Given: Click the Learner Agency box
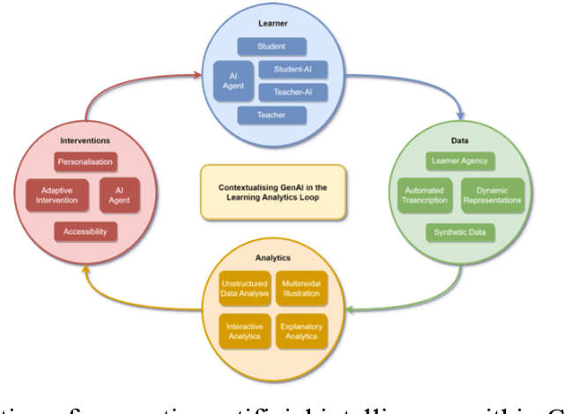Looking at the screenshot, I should pos(459,161).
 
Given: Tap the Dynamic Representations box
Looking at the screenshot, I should pos(493,195).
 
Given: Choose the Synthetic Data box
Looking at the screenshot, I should pos(459,232).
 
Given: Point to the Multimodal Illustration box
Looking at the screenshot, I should pos(301,287).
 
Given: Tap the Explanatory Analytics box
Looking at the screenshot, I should pos(301,331).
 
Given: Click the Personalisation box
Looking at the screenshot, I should pos(85,162).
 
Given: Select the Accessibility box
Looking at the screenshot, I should pos(85,231).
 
